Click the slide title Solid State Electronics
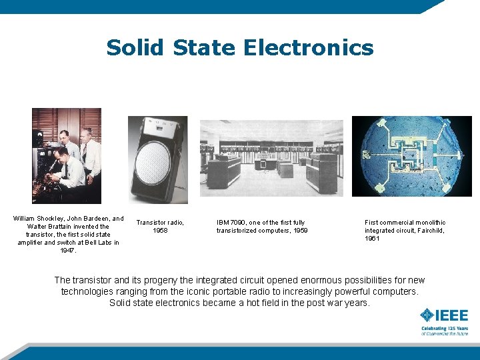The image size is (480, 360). tap(240, 48)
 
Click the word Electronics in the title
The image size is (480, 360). tap(308, 48)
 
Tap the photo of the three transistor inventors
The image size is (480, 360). tap(67, 155)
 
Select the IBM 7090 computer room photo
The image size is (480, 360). tap(272, 159)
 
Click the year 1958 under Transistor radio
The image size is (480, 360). tap(160, 231)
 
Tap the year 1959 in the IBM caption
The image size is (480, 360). tap(299, 231)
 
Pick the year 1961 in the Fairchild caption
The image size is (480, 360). tap(372, 239)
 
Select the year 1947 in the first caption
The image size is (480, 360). tap(69, 251)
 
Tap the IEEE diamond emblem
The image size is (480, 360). tap(427, 316)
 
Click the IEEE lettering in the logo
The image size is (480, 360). tap(453, 316)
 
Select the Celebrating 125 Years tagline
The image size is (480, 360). tap(444, 329)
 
